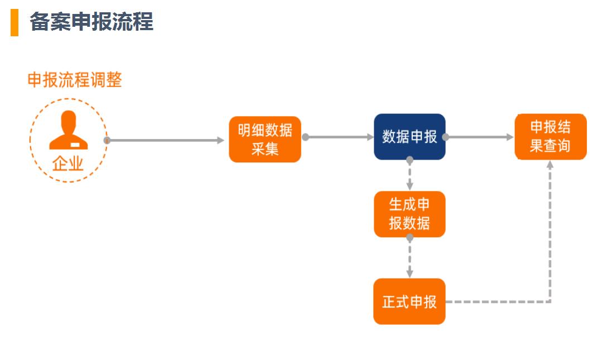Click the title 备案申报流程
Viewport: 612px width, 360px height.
click(x=91, y=22)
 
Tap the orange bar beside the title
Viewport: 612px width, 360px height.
click(x=15, y=22)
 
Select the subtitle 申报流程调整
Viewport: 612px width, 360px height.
click(x=75, y=80)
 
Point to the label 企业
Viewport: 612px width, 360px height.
click(x=68, y=164)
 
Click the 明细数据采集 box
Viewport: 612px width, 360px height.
click(x=265, y=140)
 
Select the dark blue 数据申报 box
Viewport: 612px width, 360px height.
click(x=409, y=137)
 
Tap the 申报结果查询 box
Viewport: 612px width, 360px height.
click(x=550, y=137)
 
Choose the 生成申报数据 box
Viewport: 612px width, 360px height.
click(x=409, y=214)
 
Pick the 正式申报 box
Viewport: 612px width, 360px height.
click(x=409, y=301)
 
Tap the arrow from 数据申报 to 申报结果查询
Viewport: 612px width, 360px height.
click(x=480, y=137)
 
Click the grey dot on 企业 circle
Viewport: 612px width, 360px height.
click(x=107, y=140)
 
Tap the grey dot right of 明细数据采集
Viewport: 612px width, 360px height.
click(x=305, y=137)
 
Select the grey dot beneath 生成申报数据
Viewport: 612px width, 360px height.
click(x=409, y=238)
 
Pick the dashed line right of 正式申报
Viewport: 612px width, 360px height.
click(x=497, y=301)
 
